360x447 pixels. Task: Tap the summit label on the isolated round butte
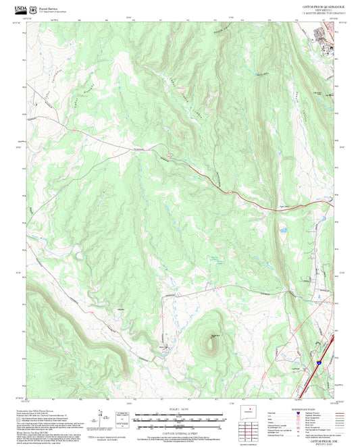pos(215,336)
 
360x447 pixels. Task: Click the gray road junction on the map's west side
pos(68,127)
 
